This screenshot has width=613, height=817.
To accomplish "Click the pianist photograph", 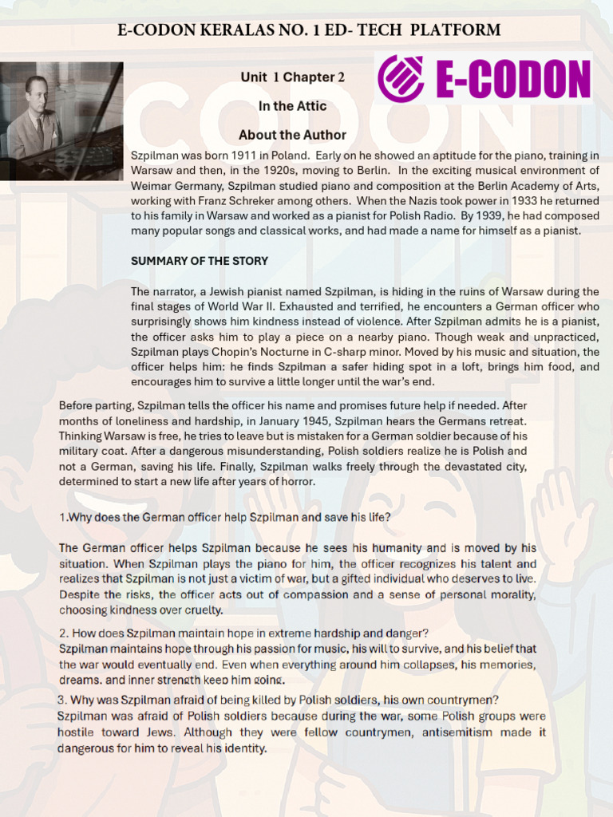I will tap(61, 121).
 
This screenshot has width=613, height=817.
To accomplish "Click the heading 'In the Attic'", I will tap(292, 106).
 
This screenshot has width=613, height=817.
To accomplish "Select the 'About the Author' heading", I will tap(292, 135).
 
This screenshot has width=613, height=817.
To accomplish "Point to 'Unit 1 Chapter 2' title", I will tap(292, 77).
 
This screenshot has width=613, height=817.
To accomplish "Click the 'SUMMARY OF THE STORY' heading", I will tap(200, 261).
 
